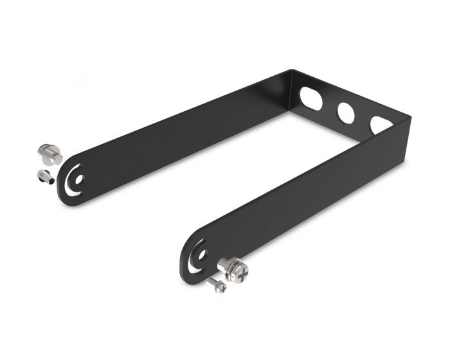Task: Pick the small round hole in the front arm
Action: pyautogui.click(x=202, y=253)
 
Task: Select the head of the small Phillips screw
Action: pyautogui.click(x=221, y=287)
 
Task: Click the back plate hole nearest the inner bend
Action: pyautogui.click(x=311, y=97)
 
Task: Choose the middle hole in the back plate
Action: pyautogui.click(x=346, y=112)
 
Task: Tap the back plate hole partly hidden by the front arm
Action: pyautogui.click(x=381, y=124)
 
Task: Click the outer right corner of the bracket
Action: pyautogui.click(x=409, y=118)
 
